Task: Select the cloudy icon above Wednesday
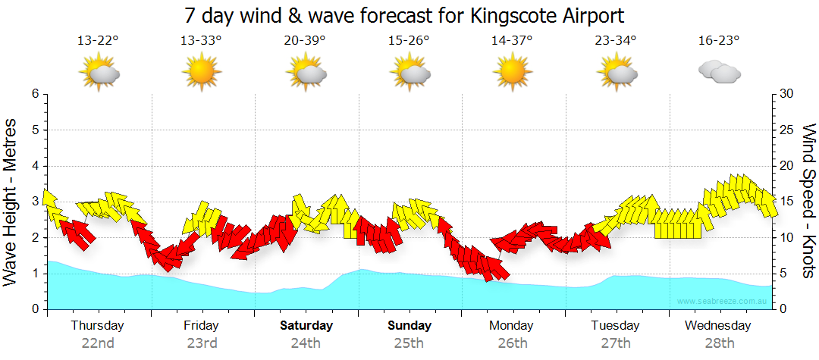coord(720,72)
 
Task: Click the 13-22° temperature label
coord(98,41)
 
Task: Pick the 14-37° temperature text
coord(512,41)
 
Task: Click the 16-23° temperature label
coord(719,41)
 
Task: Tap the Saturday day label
coord(306,326)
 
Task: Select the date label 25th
coord(409,343)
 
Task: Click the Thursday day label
coord(98,326)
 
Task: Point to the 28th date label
coord(719,343)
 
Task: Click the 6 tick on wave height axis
coord(35,94)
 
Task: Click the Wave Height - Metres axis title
coord(12,202)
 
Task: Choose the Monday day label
coord(512,326)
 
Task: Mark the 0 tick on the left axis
coord(35,309)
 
